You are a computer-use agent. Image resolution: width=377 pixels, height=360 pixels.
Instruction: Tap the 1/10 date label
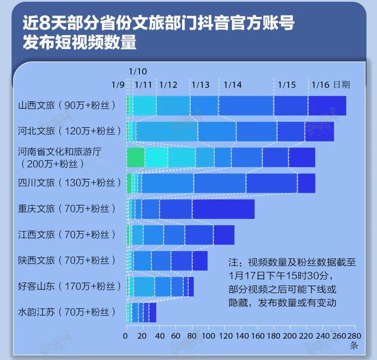[138, 71]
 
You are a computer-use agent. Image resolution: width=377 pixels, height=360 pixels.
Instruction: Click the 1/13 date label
[200, 85]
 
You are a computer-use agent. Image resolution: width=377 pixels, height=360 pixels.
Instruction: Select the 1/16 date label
[320, 85]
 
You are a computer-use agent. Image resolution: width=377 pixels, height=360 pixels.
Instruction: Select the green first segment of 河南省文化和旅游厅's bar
[135, 157]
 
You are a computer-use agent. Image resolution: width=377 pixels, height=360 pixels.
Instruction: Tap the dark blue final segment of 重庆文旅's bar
[223, 209]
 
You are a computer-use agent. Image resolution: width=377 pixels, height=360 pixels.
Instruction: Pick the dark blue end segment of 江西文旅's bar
[223, 235]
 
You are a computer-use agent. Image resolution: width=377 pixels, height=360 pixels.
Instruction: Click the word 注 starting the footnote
[232, 263]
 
